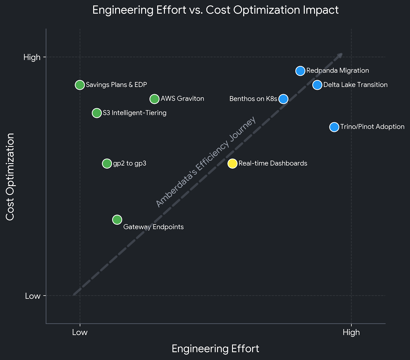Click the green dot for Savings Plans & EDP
pyautogui.click(x=80, y=85)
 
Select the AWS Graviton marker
pyautogui.click(x=155, y=99)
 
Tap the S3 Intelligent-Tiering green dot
pyautogui.click(x=97, y=113)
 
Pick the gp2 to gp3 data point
pyautogui.click(x=107, y=163)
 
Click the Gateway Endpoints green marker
pyautogui.click(x=117, y=219)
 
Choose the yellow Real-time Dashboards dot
pyautogui.click(x=232, y=163)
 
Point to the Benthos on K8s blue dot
pyautogui.click(x=283, y=99)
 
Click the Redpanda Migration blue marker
pyautogui.click(x=300, y=71)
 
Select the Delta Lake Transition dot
pyautogui.click(x=317, y=85)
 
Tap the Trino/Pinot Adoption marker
pyautogui.click(x=334, y=127)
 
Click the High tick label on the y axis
pyautogui.click(x=32, y=57)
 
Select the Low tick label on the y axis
pyautogui.click(x=33, y=296)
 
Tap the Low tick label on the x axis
pyautogui.click(x=80, y=332)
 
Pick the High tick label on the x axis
pyautogui.click(x=351, y=332)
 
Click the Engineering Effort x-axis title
pyautogui.click(x=215, y=349)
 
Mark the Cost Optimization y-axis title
pyautogui.click(x=10, y=177)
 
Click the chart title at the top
pyautogui.click(x=215, y=10)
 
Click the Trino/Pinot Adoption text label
pyautogui.click(x=372, y=127)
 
